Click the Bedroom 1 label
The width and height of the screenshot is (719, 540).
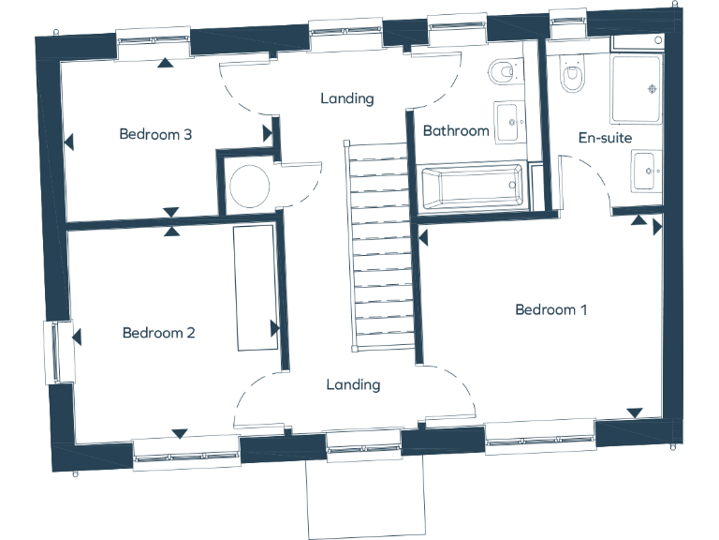coord(550,309)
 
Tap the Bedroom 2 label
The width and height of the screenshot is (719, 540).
coord(158,333)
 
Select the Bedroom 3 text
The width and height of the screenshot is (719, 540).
coord(155,134)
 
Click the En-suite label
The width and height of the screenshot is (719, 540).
coord(604,138)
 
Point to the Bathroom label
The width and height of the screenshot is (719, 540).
coord(456,131)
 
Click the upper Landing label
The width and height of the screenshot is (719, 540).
coord(346,98)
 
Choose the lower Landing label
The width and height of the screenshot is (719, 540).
coord(353,384)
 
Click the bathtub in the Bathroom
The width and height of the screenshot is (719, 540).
coord(472,187)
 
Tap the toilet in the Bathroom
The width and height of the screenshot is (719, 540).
coord(503,71)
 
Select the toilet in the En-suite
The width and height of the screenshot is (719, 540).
coord(569,75)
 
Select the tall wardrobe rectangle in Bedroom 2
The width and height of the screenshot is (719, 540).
coord(254,287)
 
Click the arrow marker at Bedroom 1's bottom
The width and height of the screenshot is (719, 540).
coord(635,412)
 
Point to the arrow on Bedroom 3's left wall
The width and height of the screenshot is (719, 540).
coord(68,143)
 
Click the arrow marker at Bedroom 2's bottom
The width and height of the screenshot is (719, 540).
coord(180,433)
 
